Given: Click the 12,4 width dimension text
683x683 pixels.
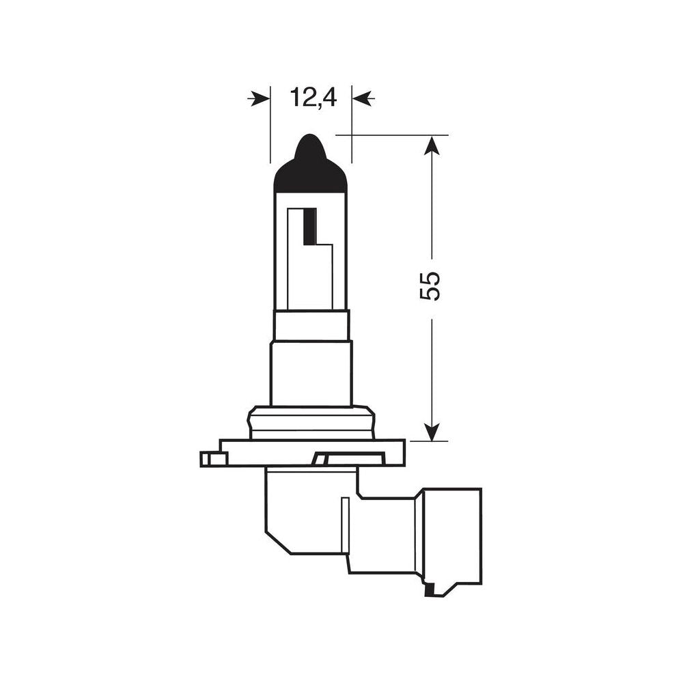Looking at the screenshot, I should click(313, 98).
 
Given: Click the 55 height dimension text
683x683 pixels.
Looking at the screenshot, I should click(431, 285).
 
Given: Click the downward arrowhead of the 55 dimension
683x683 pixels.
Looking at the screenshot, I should click(431, 431).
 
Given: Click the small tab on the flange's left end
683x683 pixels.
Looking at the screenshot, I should click(214, 459).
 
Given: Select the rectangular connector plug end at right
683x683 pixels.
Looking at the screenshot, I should click(451, 535).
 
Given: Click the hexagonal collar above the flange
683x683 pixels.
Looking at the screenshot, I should click(312, 422).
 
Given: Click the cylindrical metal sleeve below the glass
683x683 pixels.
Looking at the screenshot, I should click(311, 373).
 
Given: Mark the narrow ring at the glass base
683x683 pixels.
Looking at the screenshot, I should click(311, 325).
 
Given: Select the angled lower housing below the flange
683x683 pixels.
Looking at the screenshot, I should click(307, 509).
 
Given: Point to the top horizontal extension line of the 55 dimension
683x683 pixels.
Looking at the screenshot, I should click(396, 135).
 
